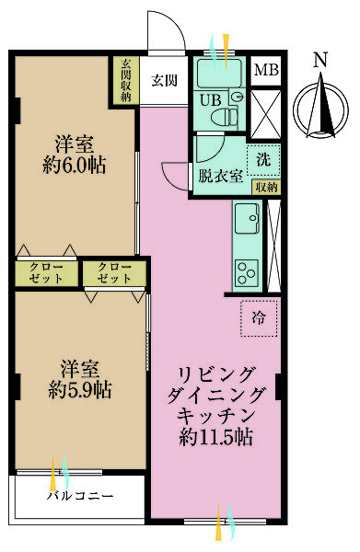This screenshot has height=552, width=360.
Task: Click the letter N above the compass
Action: click(319, 61)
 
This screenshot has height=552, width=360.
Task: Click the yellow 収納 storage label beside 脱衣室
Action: click(265, 186)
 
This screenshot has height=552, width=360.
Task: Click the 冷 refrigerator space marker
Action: click(259, 318)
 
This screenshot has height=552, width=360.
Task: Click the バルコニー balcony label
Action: click(80, 496)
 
